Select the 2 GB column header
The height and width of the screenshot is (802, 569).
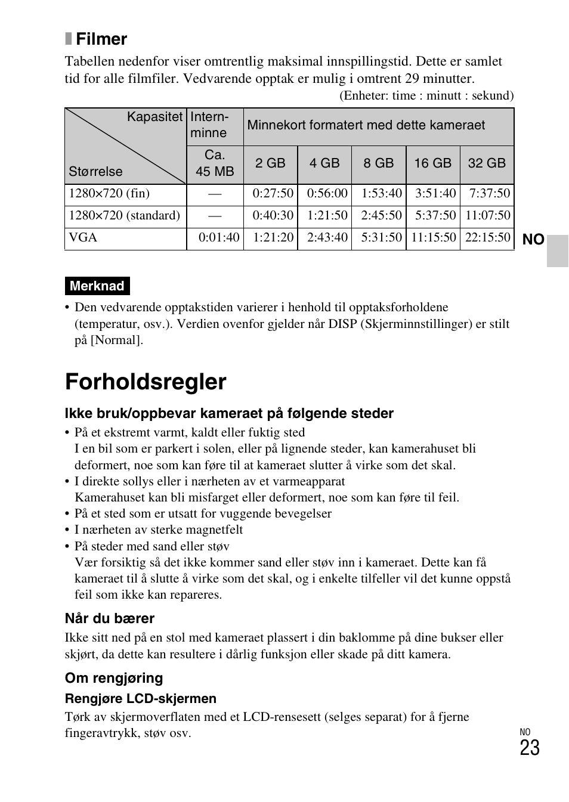270,163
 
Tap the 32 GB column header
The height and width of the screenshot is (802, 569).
487,163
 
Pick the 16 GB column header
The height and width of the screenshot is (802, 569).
432,163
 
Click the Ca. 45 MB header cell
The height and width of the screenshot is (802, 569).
215,163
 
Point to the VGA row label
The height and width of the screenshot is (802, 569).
83,238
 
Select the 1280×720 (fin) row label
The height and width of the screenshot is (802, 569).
109,194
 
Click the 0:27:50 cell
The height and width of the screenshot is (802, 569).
273,194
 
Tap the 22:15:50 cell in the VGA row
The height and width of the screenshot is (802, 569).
488,238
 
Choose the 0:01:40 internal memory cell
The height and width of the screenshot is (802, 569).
219,238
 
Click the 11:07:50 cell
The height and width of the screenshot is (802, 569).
488,216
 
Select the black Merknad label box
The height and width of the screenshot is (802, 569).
97,286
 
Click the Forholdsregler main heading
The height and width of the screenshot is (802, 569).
146,382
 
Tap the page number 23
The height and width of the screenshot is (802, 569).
529,748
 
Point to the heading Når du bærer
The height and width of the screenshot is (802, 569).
110,618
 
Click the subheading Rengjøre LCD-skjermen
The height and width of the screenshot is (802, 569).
141,699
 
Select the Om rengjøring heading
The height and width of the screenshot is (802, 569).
114,678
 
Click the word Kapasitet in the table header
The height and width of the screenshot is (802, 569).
154,117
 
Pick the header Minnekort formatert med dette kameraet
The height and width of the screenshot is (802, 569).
366,125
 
